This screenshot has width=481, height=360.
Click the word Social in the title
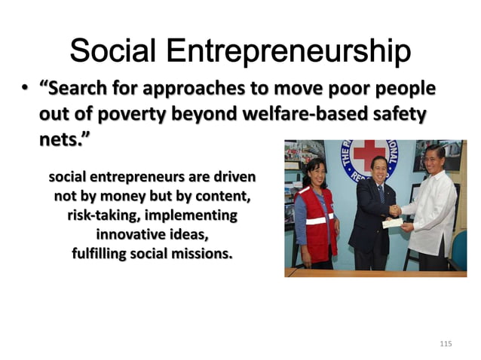point(113,52)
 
